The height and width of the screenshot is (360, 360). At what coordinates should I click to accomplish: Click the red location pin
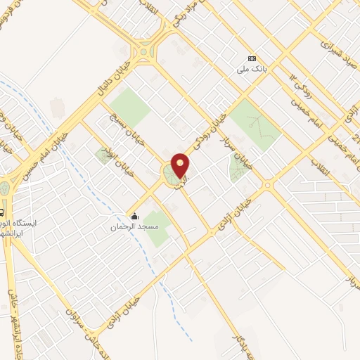click(x=181, y=165)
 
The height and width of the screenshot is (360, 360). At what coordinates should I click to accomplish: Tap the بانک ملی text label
click(x=252, y=70)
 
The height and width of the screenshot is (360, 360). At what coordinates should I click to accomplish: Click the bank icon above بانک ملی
click(x=252, y=58)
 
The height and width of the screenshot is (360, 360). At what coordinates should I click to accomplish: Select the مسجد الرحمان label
click(x=130, y=228)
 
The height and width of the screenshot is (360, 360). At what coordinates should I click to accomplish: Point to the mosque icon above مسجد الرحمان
click(x=134, y=217)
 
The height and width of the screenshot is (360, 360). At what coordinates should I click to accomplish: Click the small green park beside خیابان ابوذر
click(x=104, y=156)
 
